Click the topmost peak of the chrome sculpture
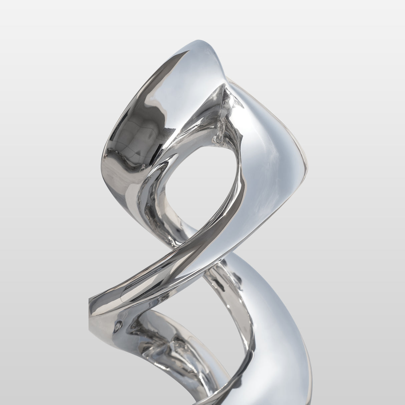(200, 41)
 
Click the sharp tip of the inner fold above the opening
(223, 87)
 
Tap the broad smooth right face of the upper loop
(267, 150)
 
